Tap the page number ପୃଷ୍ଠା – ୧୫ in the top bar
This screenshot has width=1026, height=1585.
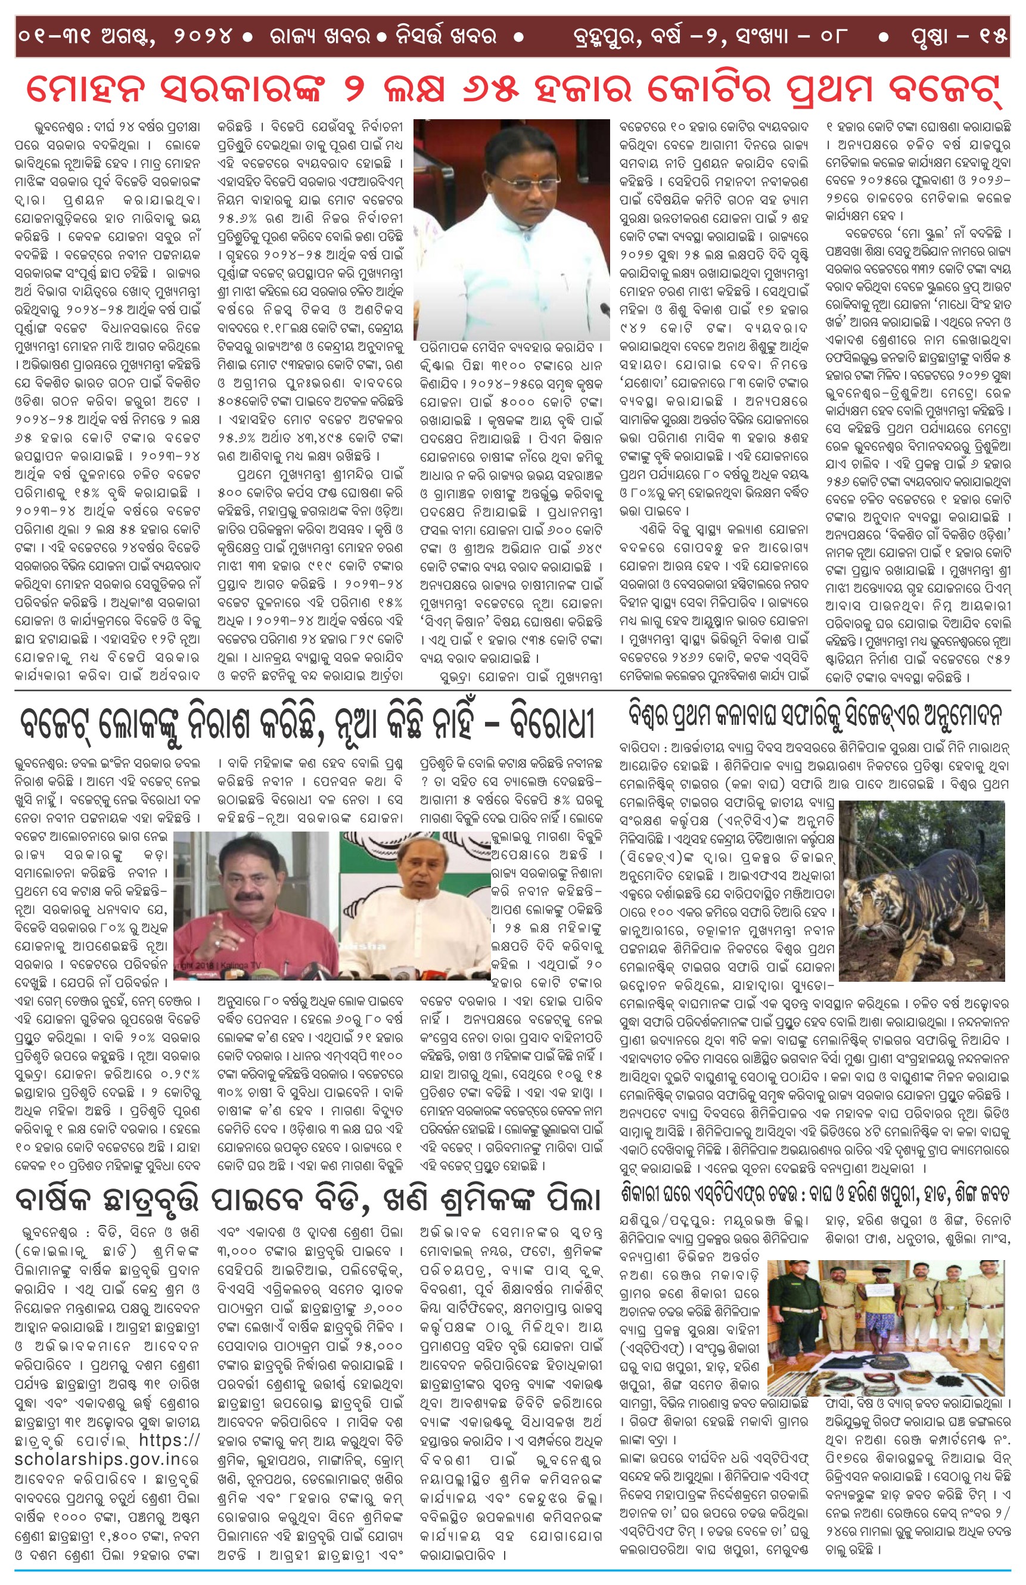[x=959, y=36]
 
